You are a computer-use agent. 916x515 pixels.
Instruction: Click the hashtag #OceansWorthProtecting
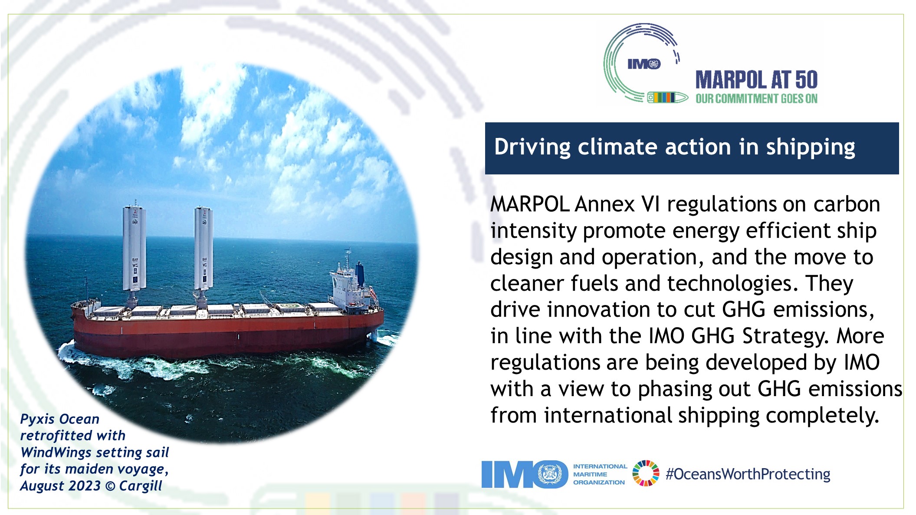pos(748,474)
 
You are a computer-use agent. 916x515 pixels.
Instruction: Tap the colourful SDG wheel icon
pos(646,473)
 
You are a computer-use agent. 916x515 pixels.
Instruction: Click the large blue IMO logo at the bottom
pos(525,474)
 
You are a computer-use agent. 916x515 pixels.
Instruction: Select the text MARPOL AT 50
pos(756,80)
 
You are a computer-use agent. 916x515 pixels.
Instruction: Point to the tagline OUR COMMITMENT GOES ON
pos(756,99)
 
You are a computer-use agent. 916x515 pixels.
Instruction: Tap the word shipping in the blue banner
pos(810,148)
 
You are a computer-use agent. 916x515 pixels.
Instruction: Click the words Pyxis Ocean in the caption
pos(60,419)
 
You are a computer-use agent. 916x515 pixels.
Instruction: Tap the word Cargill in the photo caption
pos(140,486)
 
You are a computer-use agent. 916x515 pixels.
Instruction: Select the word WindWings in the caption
pos(56,453)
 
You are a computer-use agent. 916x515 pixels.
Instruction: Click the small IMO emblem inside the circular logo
pos(644,64)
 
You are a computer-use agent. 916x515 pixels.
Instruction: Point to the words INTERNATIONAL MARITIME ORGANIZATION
pos(600,474)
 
